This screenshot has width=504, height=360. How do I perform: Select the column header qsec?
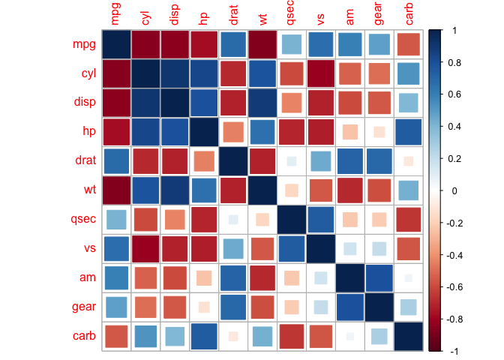(292, 14)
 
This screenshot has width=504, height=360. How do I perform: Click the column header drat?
(233, 14)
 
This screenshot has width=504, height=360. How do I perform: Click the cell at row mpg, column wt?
(262, 44)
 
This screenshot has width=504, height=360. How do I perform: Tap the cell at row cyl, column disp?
(175, 73)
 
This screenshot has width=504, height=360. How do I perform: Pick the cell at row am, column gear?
(379, 277)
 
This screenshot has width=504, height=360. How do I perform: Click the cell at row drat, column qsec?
(292, 160)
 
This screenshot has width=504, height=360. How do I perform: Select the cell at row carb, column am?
(350, 336)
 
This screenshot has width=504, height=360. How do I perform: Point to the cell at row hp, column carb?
(409, 132)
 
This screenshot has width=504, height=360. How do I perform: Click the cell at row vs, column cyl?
(145, 248)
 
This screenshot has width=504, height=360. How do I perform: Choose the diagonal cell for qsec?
(292, 219)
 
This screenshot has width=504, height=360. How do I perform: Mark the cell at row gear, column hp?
(204, 307)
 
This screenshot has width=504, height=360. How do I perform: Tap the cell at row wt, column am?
(350, 190)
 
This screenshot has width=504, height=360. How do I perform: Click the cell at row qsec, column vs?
(321, 219)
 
